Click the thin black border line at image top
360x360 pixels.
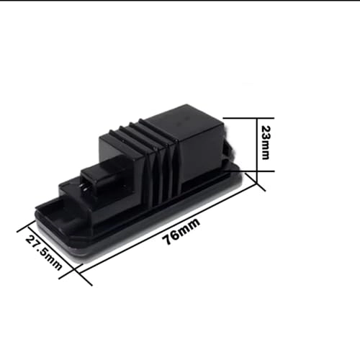(x=180, y=1)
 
